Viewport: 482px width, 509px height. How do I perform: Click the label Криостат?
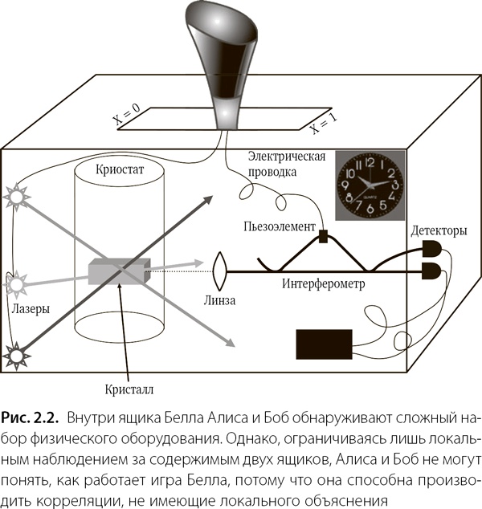click(121, 170)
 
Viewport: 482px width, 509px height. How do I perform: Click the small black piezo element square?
click(323, 236)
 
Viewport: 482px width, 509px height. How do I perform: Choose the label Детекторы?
click(438, 230)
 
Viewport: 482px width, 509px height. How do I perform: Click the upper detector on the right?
click(431, 247)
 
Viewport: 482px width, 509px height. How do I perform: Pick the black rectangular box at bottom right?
click(323, 344)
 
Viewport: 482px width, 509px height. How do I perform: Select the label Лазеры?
click(32, 308)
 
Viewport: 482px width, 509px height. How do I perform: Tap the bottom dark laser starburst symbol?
click(14, 352)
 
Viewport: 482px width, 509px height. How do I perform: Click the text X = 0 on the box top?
click(126, 116)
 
